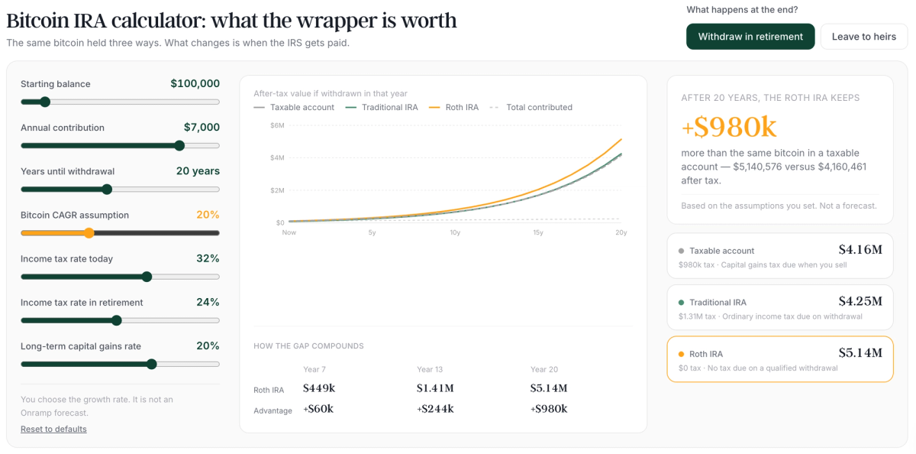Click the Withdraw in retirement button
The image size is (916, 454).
point(750,37)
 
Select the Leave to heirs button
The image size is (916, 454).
point(863,37)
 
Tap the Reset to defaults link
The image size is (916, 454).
point(53,429)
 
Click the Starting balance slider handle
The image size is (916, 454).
point(45,102)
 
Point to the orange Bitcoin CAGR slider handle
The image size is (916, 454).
point(89,233)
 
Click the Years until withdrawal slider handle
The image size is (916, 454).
point(107,189)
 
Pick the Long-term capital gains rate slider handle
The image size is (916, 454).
point(151,364)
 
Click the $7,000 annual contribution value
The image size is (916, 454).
point(202,128)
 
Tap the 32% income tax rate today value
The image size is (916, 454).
point(208,258)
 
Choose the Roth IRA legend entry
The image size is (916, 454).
point(453,107)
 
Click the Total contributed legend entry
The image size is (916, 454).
point(531,107)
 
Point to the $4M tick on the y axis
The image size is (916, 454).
point(277,157)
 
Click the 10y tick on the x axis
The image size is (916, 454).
point(455,232)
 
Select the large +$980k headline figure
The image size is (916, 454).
point(729,127)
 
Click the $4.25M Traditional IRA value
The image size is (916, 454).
point(860,301)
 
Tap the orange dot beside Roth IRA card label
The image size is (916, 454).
point(681,354)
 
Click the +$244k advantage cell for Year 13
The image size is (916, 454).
point(435,409)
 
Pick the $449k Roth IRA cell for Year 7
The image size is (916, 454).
point(319,388)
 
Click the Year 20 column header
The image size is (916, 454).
point(543,369)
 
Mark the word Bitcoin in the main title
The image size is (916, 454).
point(37,21)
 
